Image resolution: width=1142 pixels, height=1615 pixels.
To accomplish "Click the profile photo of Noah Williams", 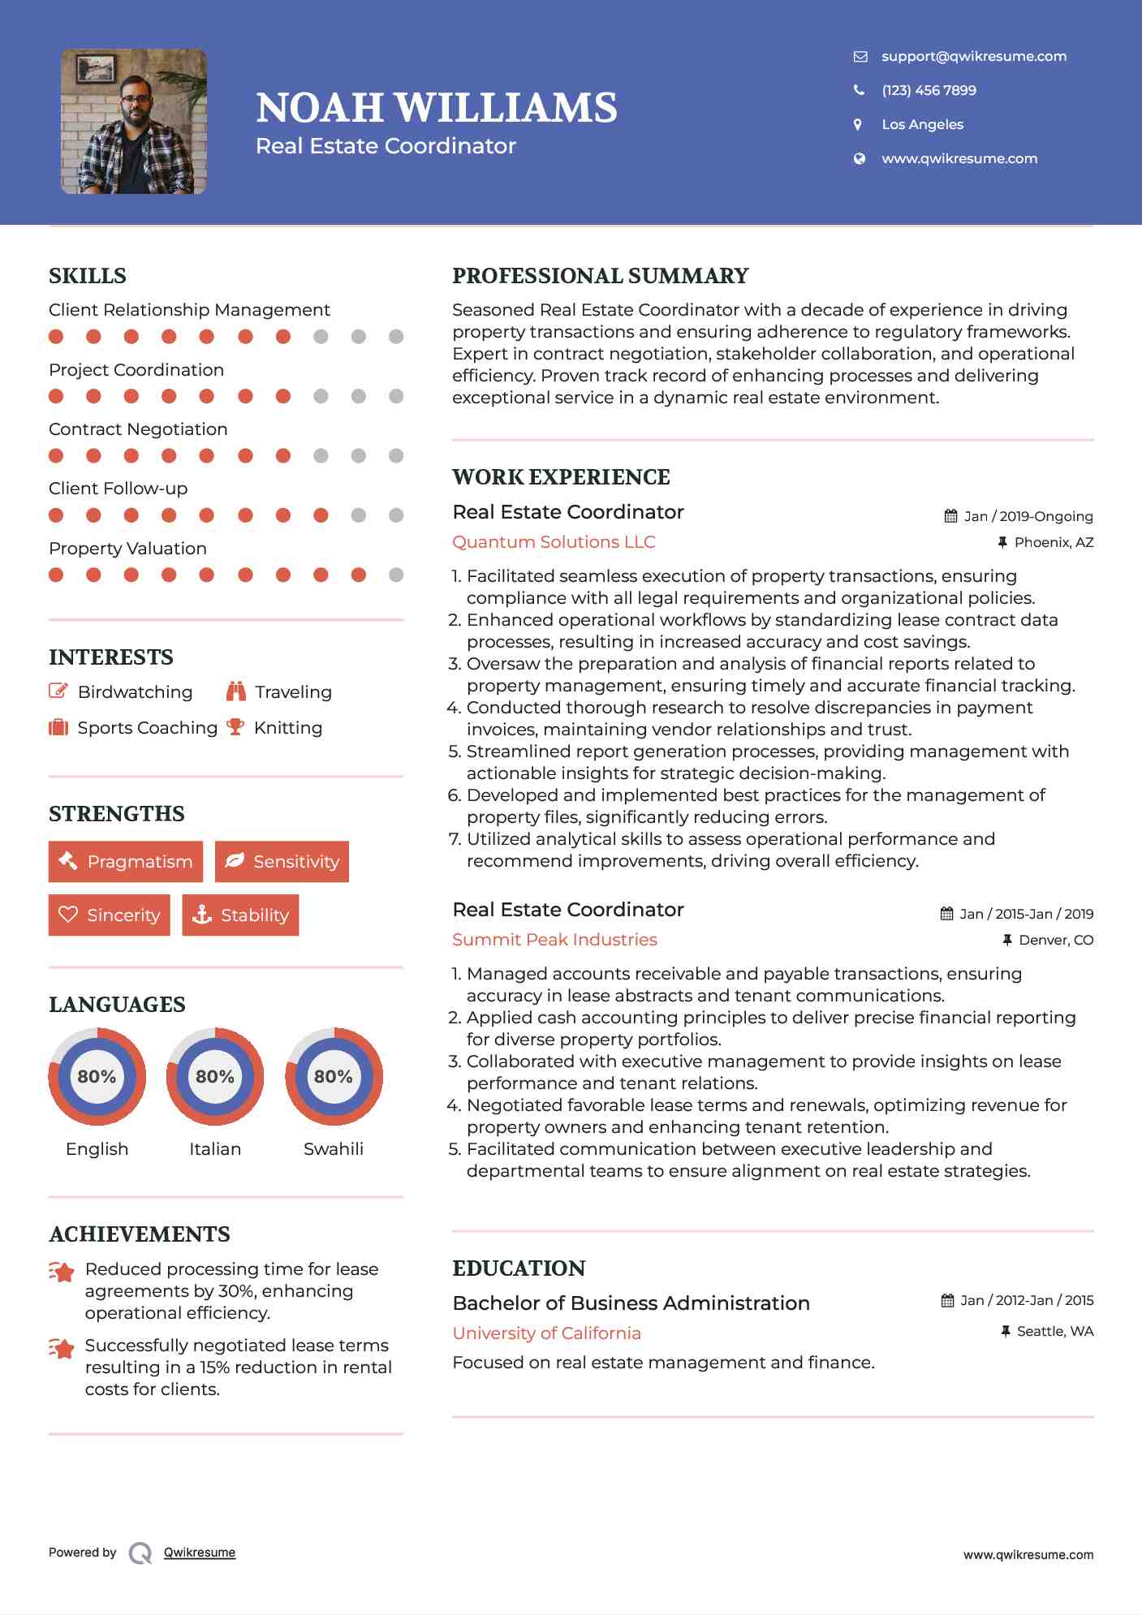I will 134,122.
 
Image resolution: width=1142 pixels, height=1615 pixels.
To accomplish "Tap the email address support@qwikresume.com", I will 973,56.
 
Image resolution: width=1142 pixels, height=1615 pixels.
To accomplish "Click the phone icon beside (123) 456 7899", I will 859,90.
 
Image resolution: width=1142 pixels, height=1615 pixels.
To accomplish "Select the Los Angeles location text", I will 922,124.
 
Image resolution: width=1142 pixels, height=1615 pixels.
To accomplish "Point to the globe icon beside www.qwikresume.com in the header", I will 859,158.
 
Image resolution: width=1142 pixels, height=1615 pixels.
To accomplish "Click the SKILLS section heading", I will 88,276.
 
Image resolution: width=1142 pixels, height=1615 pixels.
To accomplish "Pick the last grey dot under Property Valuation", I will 396,575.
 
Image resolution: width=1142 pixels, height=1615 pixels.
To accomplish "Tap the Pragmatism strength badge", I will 126,861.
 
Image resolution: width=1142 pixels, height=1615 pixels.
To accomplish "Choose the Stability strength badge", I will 240,915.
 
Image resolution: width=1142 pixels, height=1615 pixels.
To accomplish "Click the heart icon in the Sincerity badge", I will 68,915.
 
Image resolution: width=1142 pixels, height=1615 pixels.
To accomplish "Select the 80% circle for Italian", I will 215,1076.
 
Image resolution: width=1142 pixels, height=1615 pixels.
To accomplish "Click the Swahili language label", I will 333,1148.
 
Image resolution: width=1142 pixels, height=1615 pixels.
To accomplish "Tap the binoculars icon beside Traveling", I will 236,691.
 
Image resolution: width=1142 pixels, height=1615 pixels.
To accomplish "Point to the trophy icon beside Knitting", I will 235,727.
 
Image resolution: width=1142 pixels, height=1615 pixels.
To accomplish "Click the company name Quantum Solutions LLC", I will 554,541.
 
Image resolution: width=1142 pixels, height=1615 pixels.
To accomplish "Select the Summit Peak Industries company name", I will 554,939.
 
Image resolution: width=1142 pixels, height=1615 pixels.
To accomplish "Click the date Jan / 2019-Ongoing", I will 1028,516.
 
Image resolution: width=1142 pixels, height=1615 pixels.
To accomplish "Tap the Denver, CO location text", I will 1055,940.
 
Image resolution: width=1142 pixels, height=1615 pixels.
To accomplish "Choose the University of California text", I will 546,1333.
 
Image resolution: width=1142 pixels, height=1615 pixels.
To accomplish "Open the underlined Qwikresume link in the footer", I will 200,1553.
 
